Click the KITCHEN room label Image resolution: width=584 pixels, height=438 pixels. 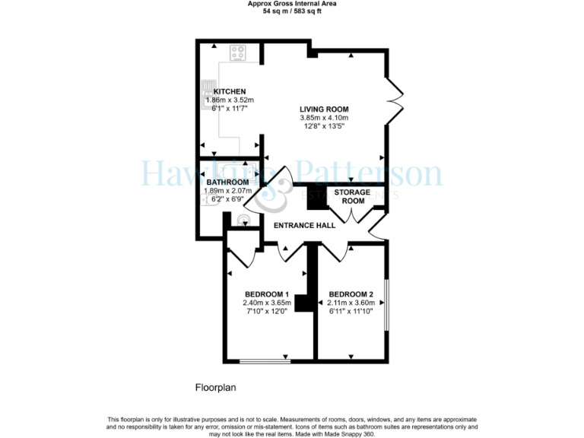[230, 91]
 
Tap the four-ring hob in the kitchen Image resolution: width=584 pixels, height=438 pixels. [237, 53]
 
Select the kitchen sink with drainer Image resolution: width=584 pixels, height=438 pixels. [208, 95]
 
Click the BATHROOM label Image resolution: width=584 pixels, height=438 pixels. [227, 182]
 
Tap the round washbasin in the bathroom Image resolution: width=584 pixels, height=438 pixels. [243, 221]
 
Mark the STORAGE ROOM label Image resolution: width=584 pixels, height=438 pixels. [352, 197]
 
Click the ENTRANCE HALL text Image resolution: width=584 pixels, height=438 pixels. [305, 225]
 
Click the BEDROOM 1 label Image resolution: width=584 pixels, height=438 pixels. [267, 294]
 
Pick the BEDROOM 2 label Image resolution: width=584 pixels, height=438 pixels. [351, 294]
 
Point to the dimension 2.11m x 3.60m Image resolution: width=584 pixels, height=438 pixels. [351, 303]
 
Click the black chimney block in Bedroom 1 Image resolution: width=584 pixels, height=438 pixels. [304, 303]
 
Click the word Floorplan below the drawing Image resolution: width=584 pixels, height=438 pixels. [216, 387]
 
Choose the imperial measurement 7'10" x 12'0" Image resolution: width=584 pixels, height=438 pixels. [267, 311]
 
